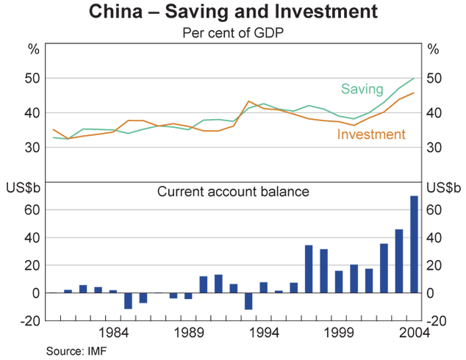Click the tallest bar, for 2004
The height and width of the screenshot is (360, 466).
tap(414, 244)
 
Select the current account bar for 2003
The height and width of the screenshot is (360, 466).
tap(399, 261)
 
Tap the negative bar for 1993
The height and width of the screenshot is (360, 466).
tap(248, 301)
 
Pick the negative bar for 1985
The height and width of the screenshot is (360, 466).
tap(128, 300)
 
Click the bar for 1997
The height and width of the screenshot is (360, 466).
tap(309, 269)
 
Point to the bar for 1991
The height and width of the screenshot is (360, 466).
tap(218, 284)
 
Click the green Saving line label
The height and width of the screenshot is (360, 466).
tap(361, 89)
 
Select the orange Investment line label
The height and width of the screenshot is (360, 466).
tap(371, 134)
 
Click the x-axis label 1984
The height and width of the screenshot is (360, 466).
tap(113, 333)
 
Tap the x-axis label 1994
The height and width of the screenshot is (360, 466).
tap(263, 333)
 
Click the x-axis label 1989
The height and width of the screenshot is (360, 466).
tap(188, 333)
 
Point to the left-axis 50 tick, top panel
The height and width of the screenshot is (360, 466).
tap(33, 78)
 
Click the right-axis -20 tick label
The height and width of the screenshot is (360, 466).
tap(437, 320)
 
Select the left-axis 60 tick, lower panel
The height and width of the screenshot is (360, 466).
tap(33, 210)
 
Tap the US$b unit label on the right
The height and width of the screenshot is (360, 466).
tap(443, 190)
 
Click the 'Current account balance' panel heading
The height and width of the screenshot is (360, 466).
tap(233, 192)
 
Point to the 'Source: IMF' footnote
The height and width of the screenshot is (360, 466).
tap(75, 350)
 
